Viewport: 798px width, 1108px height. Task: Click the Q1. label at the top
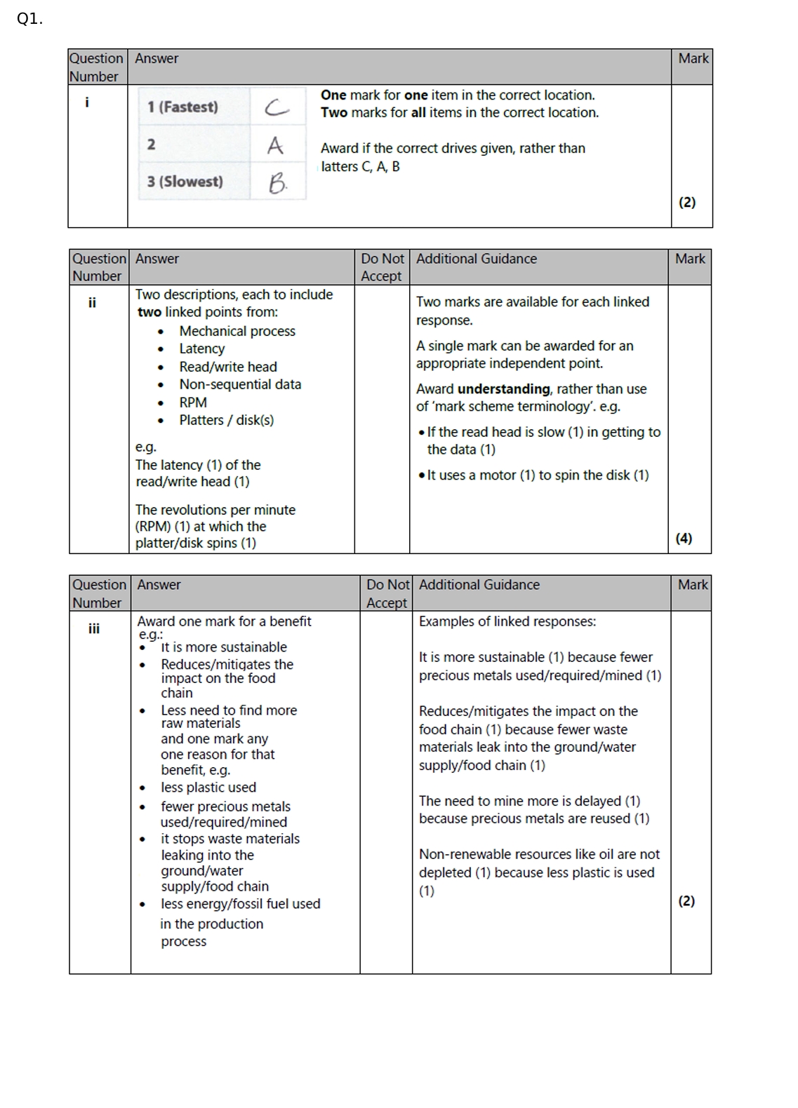[x=29, y=19]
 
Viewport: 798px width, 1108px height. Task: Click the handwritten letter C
[x=277, y=107]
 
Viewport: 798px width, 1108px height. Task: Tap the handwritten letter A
[x=275, y=145]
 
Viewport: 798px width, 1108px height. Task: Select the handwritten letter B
[x=277, y=183]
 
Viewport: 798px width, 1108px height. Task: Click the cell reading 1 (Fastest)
[x=182, y=107]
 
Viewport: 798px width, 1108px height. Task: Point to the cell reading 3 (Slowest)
[x=185, y=182]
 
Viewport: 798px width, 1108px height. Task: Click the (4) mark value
[x=684, y=538]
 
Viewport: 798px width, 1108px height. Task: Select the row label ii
[x=92, y=303]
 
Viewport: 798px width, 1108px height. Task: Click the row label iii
[x=94, y=628]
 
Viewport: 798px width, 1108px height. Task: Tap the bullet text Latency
[x=202, y=349]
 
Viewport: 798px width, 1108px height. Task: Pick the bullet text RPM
[x=193, y=403]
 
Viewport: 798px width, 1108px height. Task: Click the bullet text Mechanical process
[x=237, y=331]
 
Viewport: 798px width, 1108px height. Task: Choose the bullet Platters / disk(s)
[x=226, y=420]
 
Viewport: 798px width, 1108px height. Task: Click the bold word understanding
[x=503, y=389]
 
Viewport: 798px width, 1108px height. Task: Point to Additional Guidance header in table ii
[x=477, y=259]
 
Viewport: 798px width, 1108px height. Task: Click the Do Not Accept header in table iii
[x=387, y=593]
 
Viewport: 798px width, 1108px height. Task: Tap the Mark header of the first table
[x=693, y=58]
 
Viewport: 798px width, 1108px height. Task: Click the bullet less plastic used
[x=208, y=788]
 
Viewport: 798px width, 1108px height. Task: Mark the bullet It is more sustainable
[x=224, y=647]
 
